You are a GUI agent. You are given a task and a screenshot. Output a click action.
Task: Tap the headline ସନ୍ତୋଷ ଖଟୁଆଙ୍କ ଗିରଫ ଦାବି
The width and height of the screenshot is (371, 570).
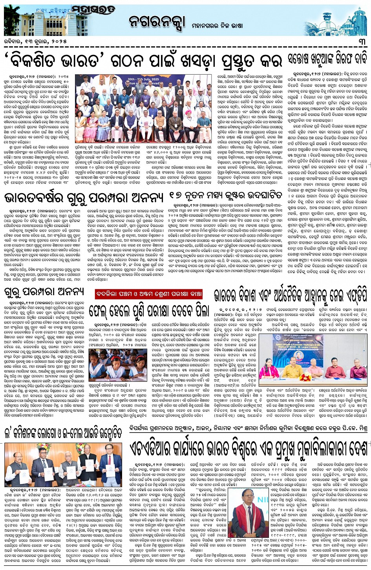click(x=327, y=60)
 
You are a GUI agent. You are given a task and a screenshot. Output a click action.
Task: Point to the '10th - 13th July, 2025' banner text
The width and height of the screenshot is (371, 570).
click(x=144, y=75)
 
